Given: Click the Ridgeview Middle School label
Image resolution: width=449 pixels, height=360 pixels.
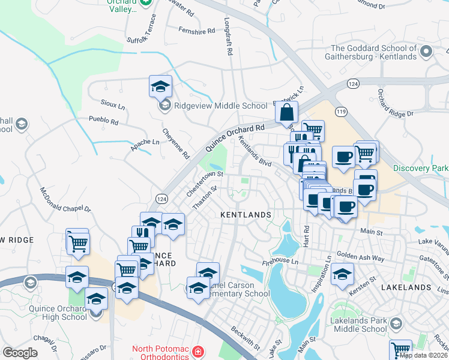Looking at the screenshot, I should (x=220, y=106).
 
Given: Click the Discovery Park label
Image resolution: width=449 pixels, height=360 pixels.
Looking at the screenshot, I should (x=420, y=168).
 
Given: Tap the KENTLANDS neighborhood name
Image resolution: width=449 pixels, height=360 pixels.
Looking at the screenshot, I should (x=246, y=214).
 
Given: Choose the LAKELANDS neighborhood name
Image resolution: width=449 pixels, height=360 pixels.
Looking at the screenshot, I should (x=406, y=287).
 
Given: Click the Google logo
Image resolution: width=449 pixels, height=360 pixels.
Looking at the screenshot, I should (x=20, y=353).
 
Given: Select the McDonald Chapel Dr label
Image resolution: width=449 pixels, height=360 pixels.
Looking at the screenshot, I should (x=65, y=201).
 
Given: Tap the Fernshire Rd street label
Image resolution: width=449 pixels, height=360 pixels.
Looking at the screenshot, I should (x=196, y=31).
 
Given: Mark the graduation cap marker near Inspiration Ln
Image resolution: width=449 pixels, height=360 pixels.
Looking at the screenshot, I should (x=343, y=273).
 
